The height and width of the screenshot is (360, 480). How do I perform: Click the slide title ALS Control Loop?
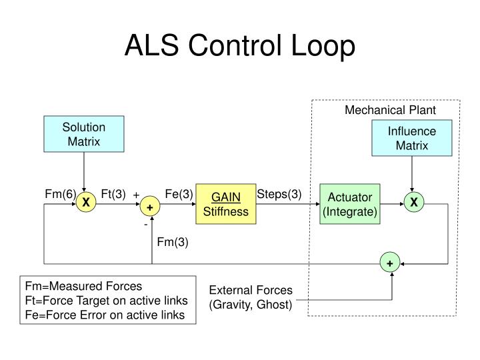(240, 47)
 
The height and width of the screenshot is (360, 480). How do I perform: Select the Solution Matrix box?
(84, 134)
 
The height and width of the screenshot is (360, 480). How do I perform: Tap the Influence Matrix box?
(412, 138)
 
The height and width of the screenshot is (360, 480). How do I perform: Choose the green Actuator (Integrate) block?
(350, 204)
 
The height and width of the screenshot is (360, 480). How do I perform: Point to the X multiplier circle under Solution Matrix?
(85, 203)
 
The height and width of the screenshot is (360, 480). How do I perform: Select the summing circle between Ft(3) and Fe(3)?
(150, 208)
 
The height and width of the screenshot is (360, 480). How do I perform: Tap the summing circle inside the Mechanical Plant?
(389, 263)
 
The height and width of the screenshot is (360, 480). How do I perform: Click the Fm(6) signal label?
(60, 194)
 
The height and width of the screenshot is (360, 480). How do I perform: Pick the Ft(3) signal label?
(113, 194)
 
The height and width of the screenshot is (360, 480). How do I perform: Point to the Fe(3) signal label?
(179, 194)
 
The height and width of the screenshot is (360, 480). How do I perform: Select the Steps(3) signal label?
(279, 194)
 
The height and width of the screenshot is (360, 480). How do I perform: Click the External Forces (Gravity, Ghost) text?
(251, 297)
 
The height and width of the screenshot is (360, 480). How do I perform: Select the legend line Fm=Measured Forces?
(80, 286)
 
